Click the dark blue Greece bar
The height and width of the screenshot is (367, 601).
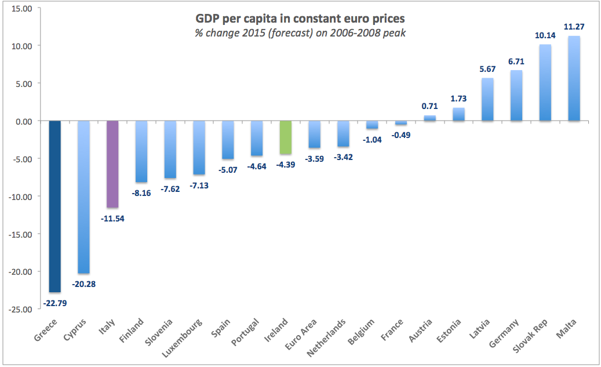click(x=54, y=206)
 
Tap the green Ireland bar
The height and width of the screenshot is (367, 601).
click(x=285, y=137)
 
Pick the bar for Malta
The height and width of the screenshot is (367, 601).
click(x=574, y=78)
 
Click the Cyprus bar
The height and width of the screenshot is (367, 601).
click(x=83, y=197)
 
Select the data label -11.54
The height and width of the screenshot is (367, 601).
click(x=112, y=219)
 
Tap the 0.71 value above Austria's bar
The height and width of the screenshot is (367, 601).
click(x=430, y=106)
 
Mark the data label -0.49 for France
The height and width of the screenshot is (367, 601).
click(x=401, y=135)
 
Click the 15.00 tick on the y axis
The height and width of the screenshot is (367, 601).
click(x=21, y=8)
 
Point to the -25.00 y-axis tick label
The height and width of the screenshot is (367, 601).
click(x=20, y=309)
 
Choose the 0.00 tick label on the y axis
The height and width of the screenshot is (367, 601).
click(x=24, y=121)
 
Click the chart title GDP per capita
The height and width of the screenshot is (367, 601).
click(x=300, y=19)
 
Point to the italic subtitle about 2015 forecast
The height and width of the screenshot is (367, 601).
click(x=300, y=32)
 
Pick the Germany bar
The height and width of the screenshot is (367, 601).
click(x=516, y=96)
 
